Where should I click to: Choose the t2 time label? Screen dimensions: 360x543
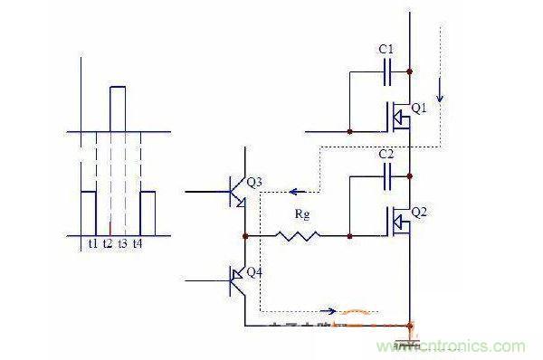click(109, 243)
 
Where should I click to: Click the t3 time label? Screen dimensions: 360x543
click(123, 243)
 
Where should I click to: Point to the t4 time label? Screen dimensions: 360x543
click(138, 243)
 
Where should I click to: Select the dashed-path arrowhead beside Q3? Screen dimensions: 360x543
click(292, 191)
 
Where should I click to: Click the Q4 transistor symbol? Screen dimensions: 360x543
click(238, 282)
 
